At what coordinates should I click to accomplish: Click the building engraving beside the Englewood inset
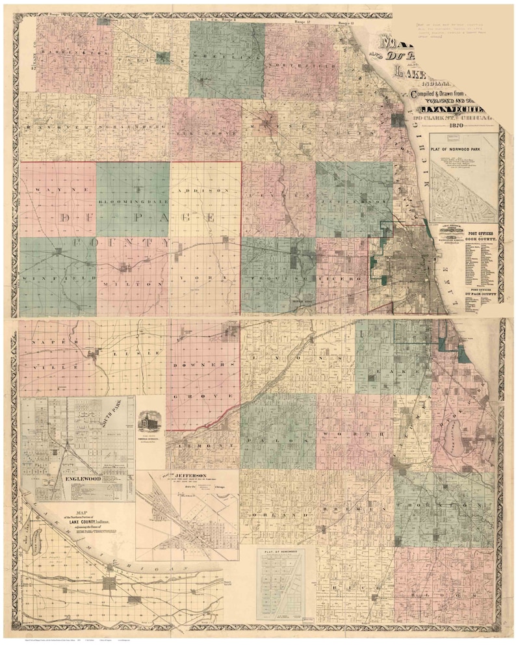coord(150,423)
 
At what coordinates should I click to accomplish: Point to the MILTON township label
coord(133,284)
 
